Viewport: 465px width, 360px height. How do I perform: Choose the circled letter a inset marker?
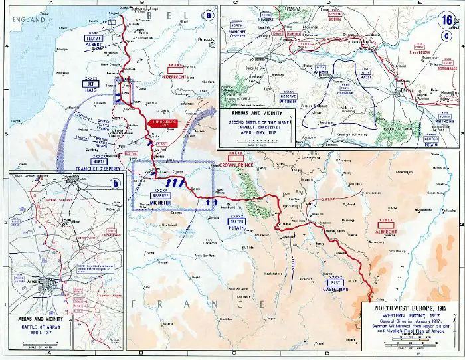pyautogui.click(x=209, y=14)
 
